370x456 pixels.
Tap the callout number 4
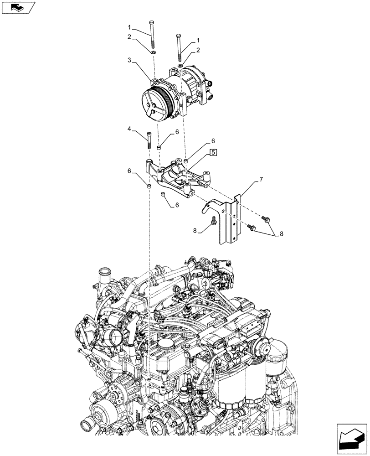click(130, 130)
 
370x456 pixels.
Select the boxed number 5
click(214, 152)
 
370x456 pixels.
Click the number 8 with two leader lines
click(281, 234)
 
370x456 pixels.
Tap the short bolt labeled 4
click(149, 140)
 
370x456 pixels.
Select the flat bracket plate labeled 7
click(230, 219)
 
